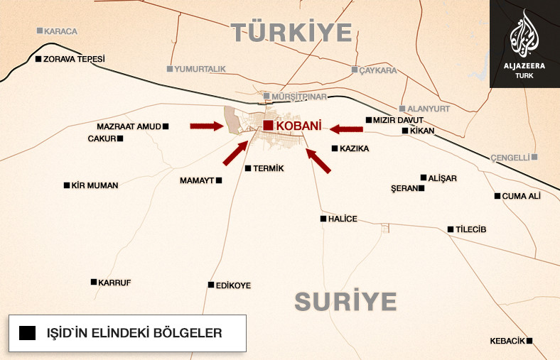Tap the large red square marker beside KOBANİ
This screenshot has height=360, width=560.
(x=268, y=126)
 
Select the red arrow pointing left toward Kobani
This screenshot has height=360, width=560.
(x=347, y=129)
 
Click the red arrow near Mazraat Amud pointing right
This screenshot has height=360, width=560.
(x=206, y=126)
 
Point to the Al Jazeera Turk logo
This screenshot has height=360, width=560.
(x=524, y=43)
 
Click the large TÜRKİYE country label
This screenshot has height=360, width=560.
(x=291, y=33)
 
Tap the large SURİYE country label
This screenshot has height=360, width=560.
(x=345, y=301)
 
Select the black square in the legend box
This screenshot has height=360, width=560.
(x=28, y=333)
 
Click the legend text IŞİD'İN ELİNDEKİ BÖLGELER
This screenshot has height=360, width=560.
(x=134, y=333)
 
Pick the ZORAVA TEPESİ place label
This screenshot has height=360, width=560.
(x=74, y=59)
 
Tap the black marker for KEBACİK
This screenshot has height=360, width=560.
(x=529, y=341)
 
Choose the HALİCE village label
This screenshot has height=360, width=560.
(x=343, y=219)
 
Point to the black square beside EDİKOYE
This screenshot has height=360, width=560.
(x=210, y=285)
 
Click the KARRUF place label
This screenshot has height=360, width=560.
(x=115, y=282)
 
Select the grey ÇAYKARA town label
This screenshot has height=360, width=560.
(x=377, y=70)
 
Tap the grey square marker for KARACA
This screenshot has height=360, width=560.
(x=40, y=31)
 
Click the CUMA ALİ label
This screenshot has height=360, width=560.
(x=522, y=196)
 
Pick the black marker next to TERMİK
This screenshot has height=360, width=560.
(x=247, y=168)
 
